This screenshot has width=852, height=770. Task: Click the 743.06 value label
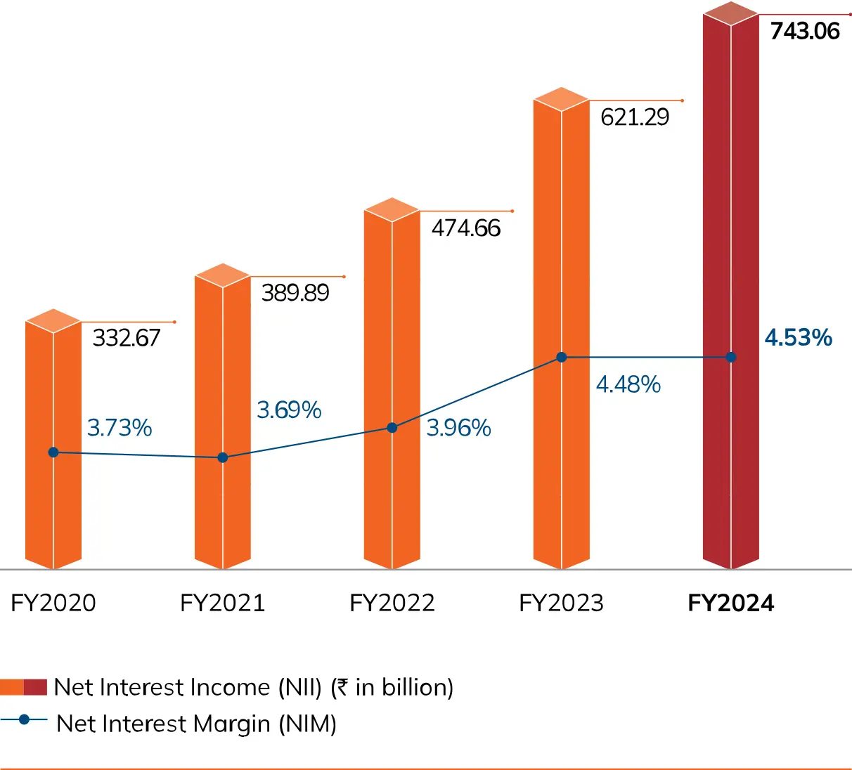point(805,32)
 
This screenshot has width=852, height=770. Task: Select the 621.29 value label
point(635,117)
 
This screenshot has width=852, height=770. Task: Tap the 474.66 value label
point(465,228)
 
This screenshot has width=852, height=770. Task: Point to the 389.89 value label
point(295,292)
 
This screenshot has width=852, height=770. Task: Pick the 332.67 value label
point(127,338)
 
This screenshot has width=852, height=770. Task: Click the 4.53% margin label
point(798,338)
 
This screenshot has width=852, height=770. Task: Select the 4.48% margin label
point(628,384)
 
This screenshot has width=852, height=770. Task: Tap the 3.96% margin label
point(458,428)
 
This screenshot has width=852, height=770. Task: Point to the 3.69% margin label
point(289,410)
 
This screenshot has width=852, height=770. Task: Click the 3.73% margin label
point(120,428)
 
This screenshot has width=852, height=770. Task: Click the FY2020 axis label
point(53,603)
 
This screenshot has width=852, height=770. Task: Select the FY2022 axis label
point(392,603)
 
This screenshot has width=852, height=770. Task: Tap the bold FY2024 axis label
point(731,603)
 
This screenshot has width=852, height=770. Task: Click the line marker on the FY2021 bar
point(223,457)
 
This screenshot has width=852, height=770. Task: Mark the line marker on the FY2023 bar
point(562,358)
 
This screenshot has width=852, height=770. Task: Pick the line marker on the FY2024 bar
point(731,358)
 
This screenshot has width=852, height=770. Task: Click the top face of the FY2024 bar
point(731,13)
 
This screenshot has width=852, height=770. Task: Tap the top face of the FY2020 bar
point(53,321)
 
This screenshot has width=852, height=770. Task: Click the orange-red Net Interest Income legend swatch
point(24,687)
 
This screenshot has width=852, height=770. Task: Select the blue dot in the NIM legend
point(25,719)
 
